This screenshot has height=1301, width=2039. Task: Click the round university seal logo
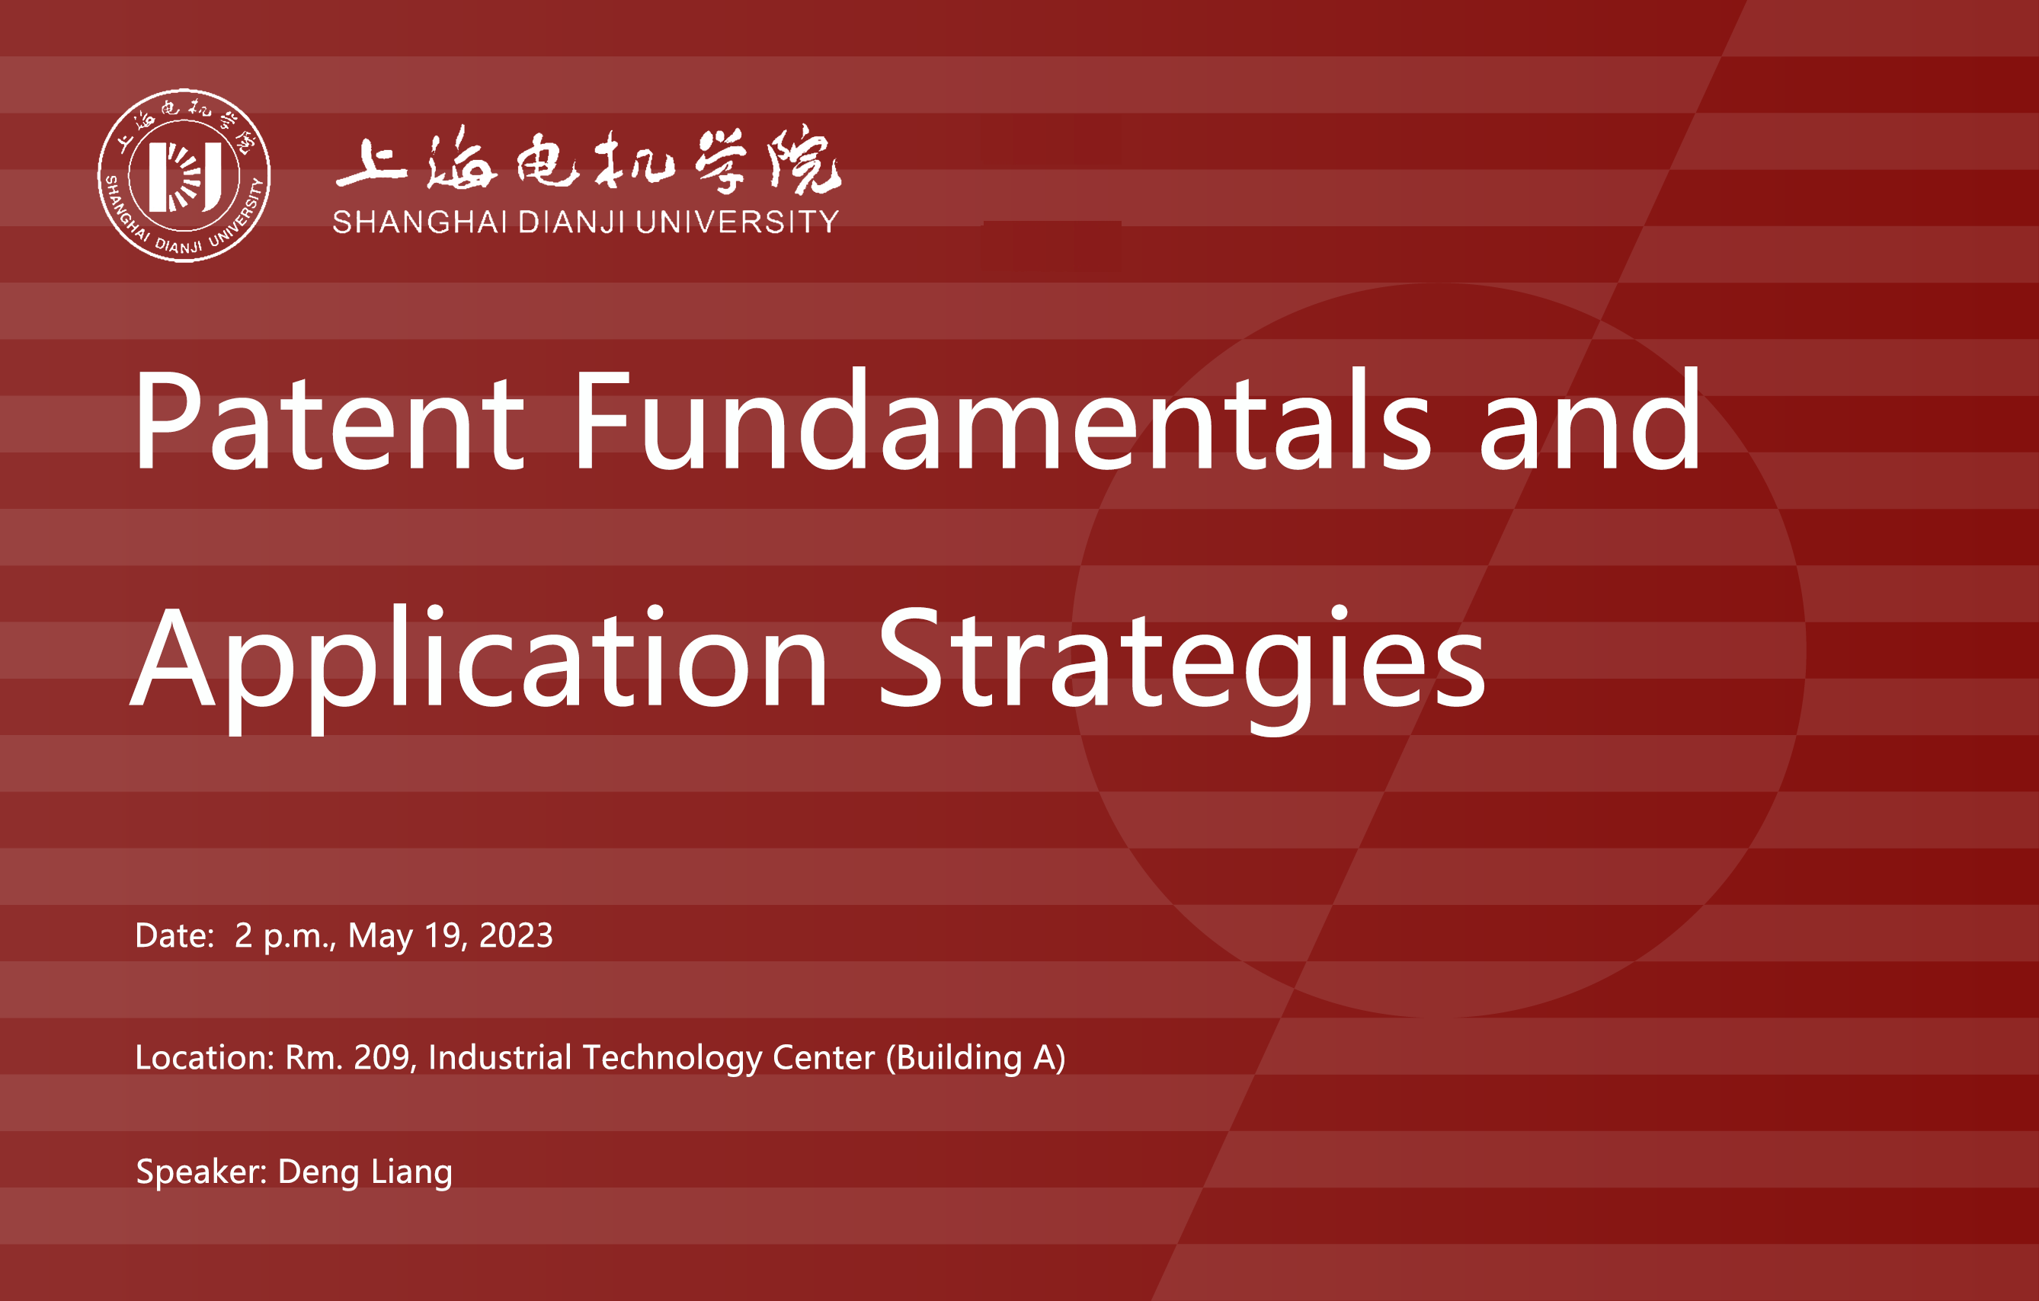pos(184,175)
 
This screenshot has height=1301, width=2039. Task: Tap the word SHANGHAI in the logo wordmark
pos(420,222)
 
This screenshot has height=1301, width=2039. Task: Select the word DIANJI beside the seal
pos(571,222)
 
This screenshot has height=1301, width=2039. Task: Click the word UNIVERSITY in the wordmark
pos(737,222)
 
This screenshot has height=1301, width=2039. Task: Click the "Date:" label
pos(174,935)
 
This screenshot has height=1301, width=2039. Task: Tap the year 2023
pos(516,935)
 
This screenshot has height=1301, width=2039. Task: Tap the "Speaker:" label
pos(201,1172)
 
